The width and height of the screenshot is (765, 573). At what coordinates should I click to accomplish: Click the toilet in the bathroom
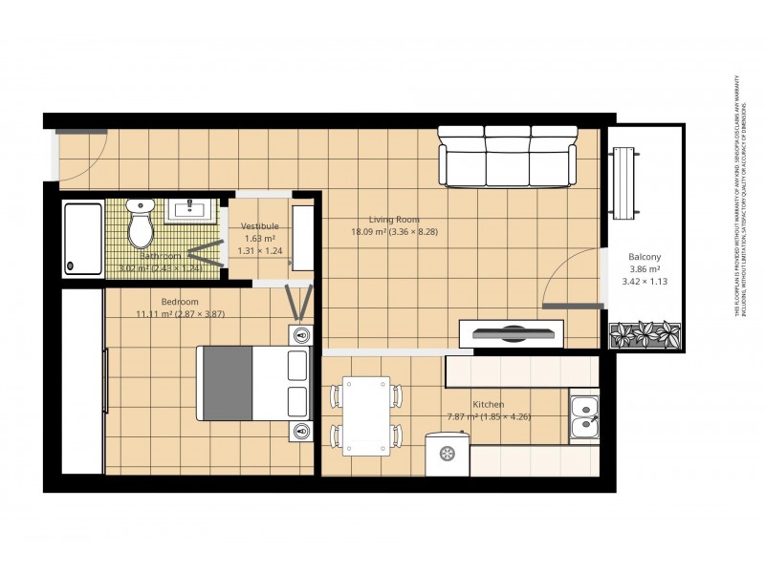click(142, 223)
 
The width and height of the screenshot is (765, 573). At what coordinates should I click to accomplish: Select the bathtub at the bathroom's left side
click(82, 238)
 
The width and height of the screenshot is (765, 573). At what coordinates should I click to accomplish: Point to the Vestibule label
click(259, 226)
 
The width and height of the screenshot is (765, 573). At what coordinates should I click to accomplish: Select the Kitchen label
click(488, 404)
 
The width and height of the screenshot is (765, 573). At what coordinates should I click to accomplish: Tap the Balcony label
click(645, 257)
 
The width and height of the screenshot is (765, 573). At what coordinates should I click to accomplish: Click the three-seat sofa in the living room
click(507, 157)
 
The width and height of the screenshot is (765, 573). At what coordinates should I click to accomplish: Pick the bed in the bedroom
click(254, 383)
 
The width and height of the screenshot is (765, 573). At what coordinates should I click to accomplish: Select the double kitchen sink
click(583, 418)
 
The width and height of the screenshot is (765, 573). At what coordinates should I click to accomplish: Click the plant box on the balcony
click(645, 335)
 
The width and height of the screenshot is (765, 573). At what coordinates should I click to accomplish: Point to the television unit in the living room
click(513, 333)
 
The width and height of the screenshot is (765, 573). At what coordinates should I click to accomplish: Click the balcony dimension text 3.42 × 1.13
click(645, 282)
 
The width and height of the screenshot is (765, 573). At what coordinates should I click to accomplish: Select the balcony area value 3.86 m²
click(645, 269)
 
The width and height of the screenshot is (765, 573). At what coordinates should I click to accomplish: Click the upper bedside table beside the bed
click(302, 335)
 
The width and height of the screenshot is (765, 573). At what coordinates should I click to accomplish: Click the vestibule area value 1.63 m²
click(259, 239)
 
